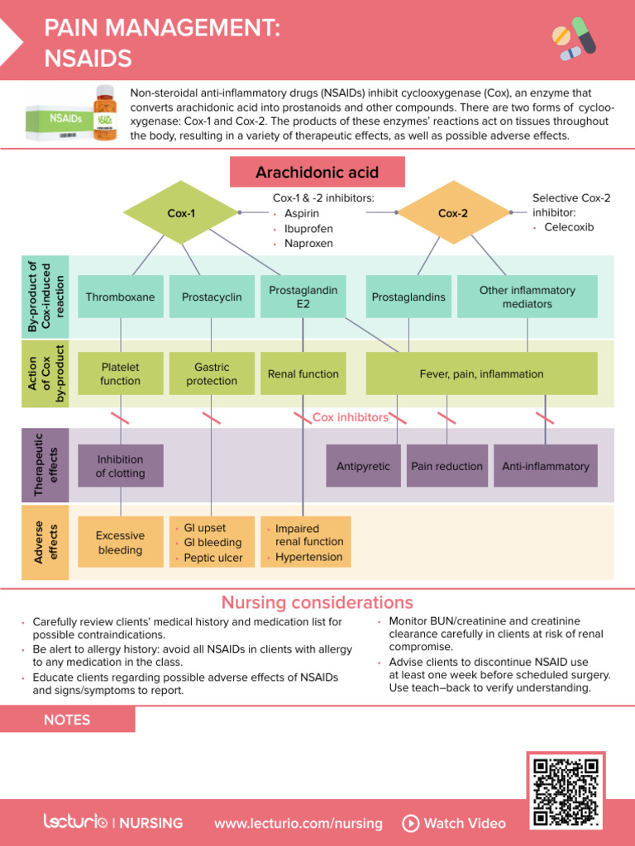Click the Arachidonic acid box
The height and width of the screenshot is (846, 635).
317,172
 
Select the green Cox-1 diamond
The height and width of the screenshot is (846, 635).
181,213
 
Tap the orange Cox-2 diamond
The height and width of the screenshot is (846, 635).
452,213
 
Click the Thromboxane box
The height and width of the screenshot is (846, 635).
121,297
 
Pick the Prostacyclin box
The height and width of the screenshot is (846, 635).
212,297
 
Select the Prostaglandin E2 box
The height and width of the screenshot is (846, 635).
303,297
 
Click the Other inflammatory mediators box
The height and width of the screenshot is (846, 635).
527,297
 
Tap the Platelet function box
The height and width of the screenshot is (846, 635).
121,373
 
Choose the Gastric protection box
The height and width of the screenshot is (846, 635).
212,373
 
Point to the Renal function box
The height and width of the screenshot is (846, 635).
303,373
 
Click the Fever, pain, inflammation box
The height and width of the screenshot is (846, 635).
481,373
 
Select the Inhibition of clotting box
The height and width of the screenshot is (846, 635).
121,466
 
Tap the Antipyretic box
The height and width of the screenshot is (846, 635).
363,466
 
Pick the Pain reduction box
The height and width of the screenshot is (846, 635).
446,466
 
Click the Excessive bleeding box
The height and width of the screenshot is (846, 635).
121,543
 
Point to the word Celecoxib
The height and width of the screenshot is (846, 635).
569,226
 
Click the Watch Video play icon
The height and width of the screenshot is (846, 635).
410,823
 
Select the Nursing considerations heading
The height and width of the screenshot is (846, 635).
317,602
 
